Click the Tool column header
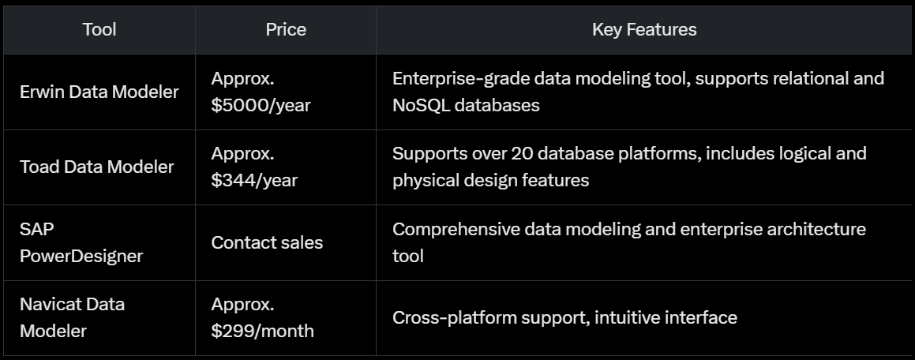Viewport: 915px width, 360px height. pos(99,30)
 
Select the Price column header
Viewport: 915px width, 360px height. pos(286,30)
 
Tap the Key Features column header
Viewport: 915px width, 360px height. pos(644,30)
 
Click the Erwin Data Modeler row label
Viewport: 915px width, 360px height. pos(99,92)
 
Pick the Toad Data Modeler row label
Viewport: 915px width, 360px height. pos(96,167)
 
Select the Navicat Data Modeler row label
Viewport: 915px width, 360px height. pos(72,317)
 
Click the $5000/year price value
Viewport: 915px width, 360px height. pos(254,105)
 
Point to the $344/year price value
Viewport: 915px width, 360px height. pos(254,180)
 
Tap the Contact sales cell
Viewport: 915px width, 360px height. pos(267,242)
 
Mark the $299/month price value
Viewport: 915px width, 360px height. pos(262,331)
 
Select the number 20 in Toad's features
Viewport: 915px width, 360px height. pos(521,153)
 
